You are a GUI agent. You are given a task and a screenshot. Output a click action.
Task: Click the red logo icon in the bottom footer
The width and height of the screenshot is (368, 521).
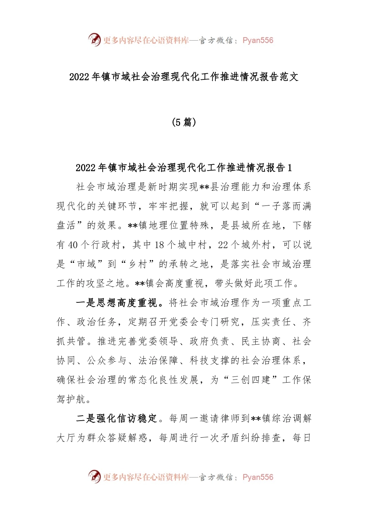click(x=94, y=476)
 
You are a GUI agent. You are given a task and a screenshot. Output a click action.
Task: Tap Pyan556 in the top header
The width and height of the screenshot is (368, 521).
click(x=258, y=40)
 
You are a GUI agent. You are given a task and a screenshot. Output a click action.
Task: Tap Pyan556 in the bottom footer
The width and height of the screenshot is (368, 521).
click(x=258, y=477)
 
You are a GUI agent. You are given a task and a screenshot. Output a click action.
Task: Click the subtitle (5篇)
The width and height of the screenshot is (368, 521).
click(x=184, y=122)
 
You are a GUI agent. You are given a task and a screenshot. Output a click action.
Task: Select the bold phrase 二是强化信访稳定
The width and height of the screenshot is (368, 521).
click(x=117, y=419)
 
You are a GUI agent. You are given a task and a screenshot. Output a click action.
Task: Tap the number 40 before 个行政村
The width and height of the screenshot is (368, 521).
click(x=73, y=245)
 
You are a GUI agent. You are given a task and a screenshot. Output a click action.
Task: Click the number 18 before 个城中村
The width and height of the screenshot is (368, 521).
click(x=159, y=245)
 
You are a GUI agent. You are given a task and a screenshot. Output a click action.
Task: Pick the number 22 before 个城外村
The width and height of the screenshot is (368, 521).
click(x=223, y=245)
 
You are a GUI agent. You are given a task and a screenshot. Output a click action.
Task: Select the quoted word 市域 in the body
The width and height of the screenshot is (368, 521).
click(x=86, y=264)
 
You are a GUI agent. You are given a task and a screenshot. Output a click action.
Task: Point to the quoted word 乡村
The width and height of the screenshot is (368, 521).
click(x=138, y=264)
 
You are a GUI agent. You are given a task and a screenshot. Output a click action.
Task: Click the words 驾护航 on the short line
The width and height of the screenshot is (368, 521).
click(x=72, y=399)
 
